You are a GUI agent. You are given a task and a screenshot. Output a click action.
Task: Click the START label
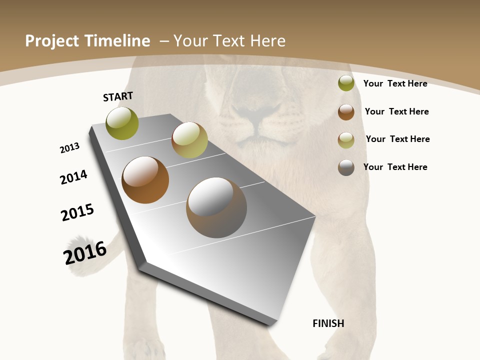point(118,96)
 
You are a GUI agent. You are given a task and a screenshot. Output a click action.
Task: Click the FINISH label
point(328,323)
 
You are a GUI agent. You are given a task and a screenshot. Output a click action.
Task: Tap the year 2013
point(69,147)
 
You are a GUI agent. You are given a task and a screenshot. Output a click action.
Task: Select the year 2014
point(73,177)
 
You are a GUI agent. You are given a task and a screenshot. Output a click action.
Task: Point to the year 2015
point(77,212)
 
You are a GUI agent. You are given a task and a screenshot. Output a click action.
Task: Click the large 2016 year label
point(85,252)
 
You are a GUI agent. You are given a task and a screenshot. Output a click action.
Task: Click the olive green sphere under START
point(122,123)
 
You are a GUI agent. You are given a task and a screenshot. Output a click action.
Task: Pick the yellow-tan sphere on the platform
point(189,140)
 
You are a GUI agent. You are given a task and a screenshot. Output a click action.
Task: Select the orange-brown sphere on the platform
point(145,180)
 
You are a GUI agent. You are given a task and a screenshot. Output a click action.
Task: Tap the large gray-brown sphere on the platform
point(216,207)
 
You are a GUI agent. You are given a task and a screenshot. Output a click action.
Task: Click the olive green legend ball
point(346,83)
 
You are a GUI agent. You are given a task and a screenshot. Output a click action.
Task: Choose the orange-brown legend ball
point(346,112)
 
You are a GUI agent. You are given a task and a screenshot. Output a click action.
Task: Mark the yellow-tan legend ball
point(346,140)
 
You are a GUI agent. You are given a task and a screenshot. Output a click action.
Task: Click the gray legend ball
point(346,167)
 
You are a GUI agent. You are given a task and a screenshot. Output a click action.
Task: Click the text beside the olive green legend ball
point(395,83)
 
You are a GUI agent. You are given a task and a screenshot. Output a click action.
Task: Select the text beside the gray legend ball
point(395,167)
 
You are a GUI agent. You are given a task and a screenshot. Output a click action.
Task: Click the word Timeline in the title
point(117,41)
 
